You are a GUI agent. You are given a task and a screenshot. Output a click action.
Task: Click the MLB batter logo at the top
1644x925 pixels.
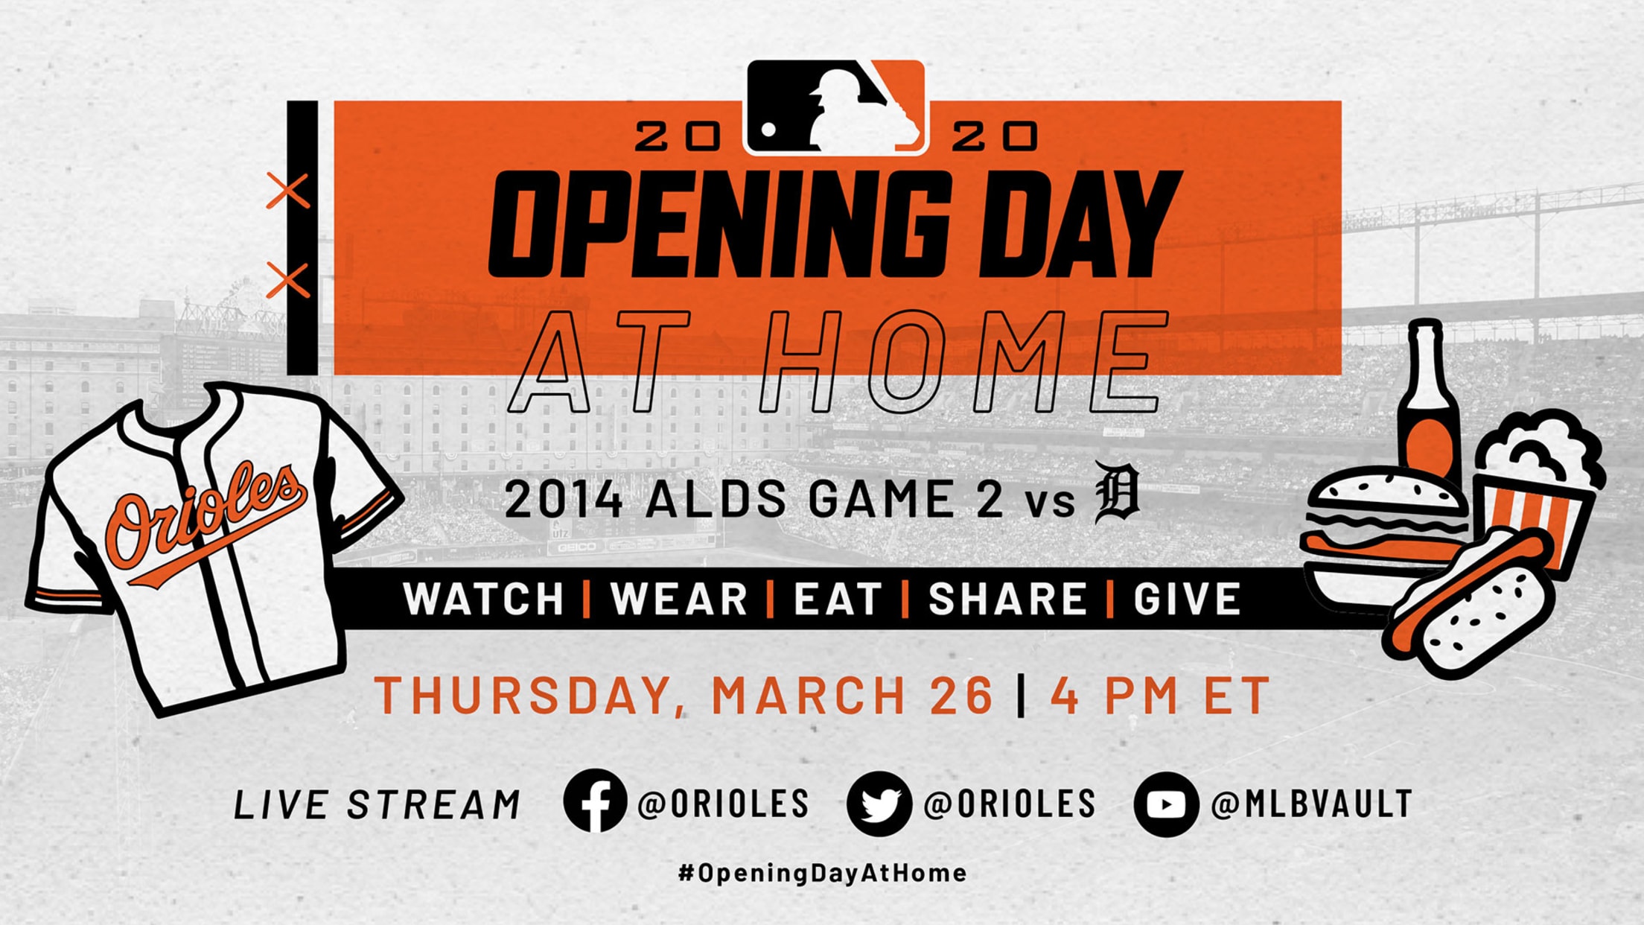tap(835, 107)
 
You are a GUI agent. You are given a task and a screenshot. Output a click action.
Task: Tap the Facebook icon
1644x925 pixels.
tap(595, 802)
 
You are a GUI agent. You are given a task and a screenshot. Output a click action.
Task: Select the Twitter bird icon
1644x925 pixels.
tap(879, 804)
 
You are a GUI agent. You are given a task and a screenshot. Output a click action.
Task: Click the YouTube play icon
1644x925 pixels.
tap(1166, 804)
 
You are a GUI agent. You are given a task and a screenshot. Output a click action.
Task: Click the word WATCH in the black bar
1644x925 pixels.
tap(484, 599)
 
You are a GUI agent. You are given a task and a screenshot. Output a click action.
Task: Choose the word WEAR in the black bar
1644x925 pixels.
tap(679, 599)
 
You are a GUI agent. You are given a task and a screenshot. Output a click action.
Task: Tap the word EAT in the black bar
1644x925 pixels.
tap(838, 599)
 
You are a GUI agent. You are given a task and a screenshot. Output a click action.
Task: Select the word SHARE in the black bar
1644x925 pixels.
tap(1007, 599)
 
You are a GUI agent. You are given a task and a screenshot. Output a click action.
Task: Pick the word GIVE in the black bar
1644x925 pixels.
tap(1187, 599)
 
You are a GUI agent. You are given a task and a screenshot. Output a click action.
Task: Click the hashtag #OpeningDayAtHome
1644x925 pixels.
tap(822, 872)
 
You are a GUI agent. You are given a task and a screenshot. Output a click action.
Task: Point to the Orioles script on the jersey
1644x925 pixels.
tap(205, 521)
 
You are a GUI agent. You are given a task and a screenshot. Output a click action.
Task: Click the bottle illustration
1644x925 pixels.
tap(1427, 402)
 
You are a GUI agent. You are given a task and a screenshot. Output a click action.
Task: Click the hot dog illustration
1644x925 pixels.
tap(1471, 603)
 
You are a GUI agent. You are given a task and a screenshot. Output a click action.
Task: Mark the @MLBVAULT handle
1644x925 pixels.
tap(1311, 804)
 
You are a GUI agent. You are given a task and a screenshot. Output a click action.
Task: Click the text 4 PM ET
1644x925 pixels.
tap(1160, 695)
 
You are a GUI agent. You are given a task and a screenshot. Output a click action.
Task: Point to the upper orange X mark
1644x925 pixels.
tap(288, 191)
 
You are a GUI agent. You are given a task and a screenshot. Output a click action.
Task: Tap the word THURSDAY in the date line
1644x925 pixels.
tap(522, 696)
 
